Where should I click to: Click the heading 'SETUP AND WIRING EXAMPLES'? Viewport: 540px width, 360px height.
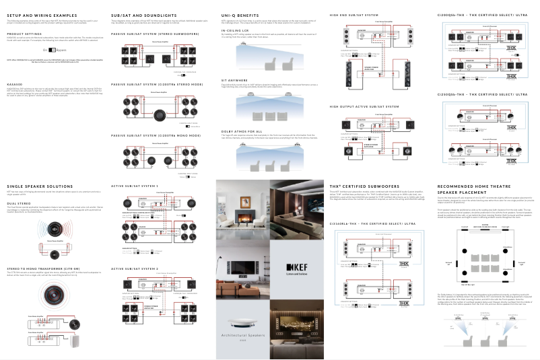(41, 14)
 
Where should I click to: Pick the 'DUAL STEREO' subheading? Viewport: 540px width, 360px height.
(18, 202)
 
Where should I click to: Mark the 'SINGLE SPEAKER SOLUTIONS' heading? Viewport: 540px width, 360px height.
(38, 185)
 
